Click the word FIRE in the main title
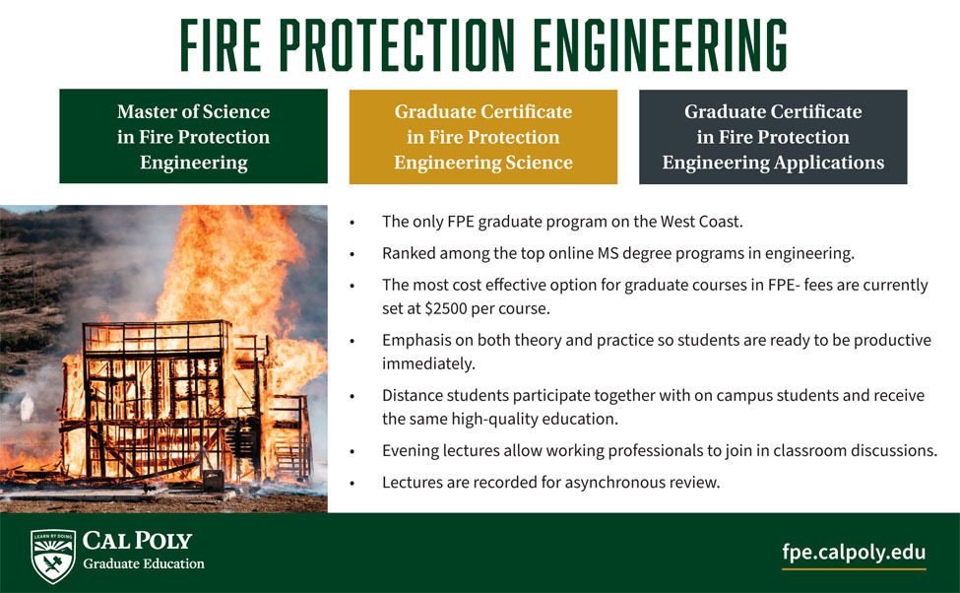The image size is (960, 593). [221, 44]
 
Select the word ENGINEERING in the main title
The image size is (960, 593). [660, 44]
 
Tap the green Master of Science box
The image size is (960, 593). [193, 136]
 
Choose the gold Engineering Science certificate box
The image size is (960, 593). [483, 137]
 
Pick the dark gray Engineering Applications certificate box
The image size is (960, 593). [773, 137]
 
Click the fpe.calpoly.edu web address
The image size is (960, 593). [854, 552]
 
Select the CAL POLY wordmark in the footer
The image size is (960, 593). [137, 541]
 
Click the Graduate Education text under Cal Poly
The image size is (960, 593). [144, 563]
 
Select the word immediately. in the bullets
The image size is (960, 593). [428, 363]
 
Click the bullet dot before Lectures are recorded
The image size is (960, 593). [352, 484]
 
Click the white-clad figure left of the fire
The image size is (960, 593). [27, 409]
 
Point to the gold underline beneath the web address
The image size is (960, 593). [854, 569]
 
